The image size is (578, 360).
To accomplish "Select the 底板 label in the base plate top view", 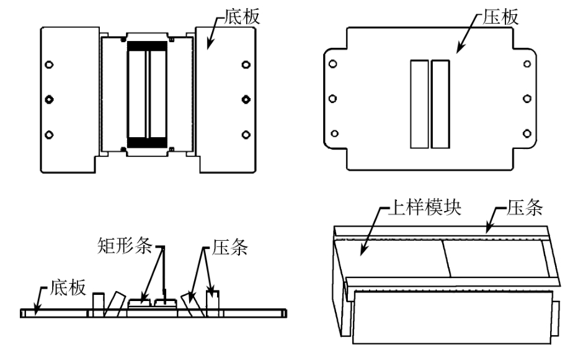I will [239, 17].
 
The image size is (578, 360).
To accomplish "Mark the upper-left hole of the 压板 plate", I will [333, 63].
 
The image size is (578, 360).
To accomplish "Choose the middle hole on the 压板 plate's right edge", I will [528, 98].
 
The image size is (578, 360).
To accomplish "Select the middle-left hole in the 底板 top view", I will [50, 99].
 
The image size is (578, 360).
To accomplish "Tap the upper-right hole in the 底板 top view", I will [246, 65].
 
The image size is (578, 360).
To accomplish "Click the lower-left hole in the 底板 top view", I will [50, 133].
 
